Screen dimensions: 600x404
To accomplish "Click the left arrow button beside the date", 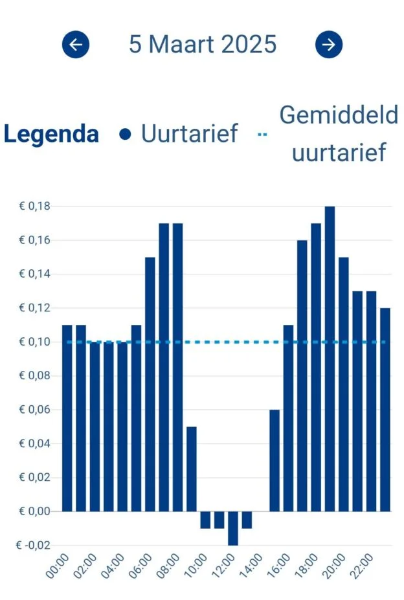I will coord(76,45).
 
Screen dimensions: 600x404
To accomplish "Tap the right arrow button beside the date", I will coord(328,45).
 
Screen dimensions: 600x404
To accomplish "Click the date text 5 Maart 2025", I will coord(203,45).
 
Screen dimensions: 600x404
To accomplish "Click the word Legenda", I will coord(51,135).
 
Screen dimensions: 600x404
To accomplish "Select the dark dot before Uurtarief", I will coord(126,135).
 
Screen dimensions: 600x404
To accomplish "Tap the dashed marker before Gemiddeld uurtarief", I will coord(262,135).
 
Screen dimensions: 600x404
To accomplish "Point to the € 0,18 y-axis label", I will coord(34,206).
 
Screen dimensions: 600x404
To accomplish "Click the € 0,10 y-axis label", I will coord(34,342).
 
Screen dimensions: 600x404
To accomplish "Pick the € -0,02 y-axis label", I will coord(32,545).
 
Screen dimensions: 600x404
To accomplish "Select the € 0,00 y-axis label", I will coord(34,511).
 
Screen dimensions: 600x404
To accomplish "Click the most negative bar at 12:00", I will coord(233,528).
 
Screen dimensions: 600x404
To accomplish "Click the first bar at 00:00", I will coord(67,418).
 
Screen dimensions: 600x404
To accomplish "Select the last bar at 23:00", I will coord(385,410).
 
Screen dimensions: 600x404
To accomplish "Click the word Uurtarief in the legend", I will coord(190,135).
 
